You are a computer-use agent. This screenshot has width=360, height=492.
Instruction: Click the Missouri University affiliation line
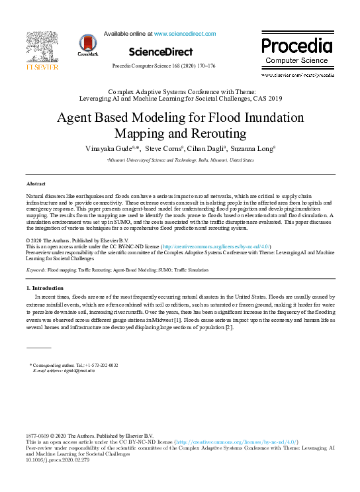(180, 160)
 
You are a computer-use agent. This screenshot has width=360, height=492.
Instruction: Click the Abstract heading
(36, 183)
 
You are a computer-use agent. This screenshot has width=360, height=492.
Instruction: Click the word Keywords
(36, 271)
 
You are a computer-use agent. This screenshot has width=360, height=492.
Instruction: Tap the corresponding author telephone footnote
(74, 365)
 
